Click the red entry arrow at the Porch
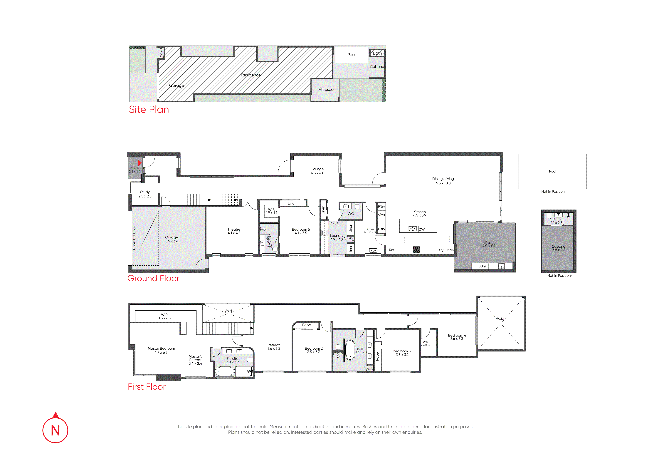point(139,163)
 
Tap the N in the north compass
point(55,430)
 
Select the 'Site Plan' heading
point(149,109)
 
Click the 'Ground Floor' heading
point(153,278)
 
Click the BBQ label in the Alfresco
point(482,266)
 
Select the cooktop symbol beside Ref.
point(416,249)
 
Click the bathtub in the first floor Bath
point(350,350)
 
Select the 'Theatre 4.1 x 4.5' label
point(234,231)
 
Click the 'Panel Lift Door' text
point(134,238)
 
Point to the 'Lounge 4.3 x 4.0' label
point(317,171)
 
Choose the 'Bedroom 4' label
point(457,335)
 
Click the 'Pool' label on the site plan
point(351,55)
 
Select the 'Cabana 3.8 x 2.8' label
point(559,248)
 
